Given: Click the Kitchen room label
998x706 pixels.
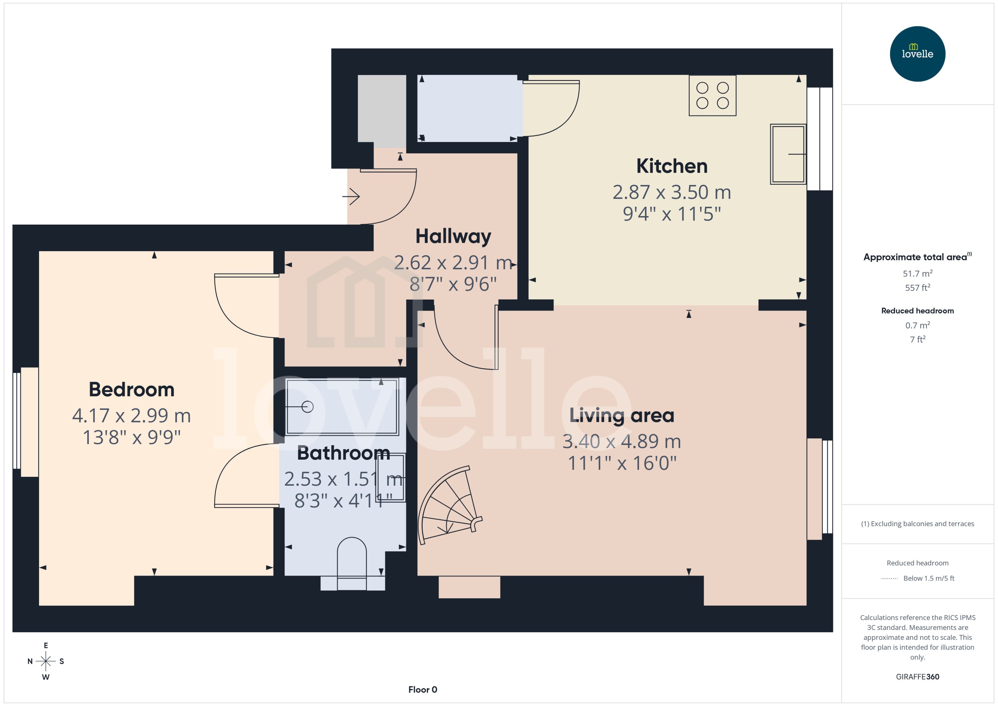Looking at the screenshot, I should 672,166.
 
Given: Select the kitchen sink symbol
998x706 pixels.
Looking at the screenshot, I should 788,154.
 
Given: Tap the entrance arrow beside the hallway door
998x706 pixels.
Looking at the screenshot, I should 351,196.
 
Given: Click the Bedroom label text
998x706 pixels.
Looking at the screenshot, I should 131,390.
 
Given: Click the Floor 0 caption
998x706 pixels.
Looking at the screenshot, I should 422,689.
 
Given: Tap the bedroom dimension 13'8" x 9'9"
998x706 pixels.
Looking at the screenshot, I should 131,437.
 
